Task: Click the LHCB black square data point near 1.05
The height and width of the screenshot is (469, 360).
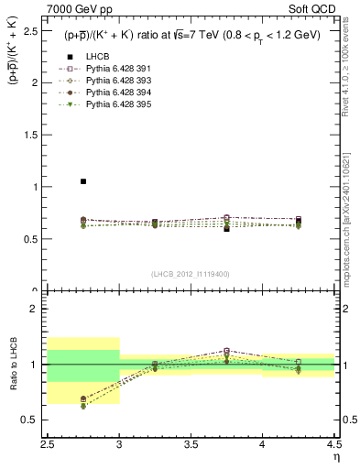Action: [83, 181]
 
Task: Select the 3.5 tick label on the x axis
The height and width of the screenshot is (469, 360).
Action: [191, 444]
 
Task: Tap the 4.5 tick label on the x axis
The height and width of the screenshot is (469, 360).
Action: [333, 444]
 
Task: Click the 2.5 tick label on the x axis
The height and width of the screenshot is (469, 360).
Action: [48, 444]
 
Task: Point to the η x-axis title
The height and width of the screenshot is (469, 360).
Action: [334, 456]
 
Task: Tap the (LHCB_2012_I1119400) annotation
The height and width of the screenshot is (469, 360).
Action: [191, 273]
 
